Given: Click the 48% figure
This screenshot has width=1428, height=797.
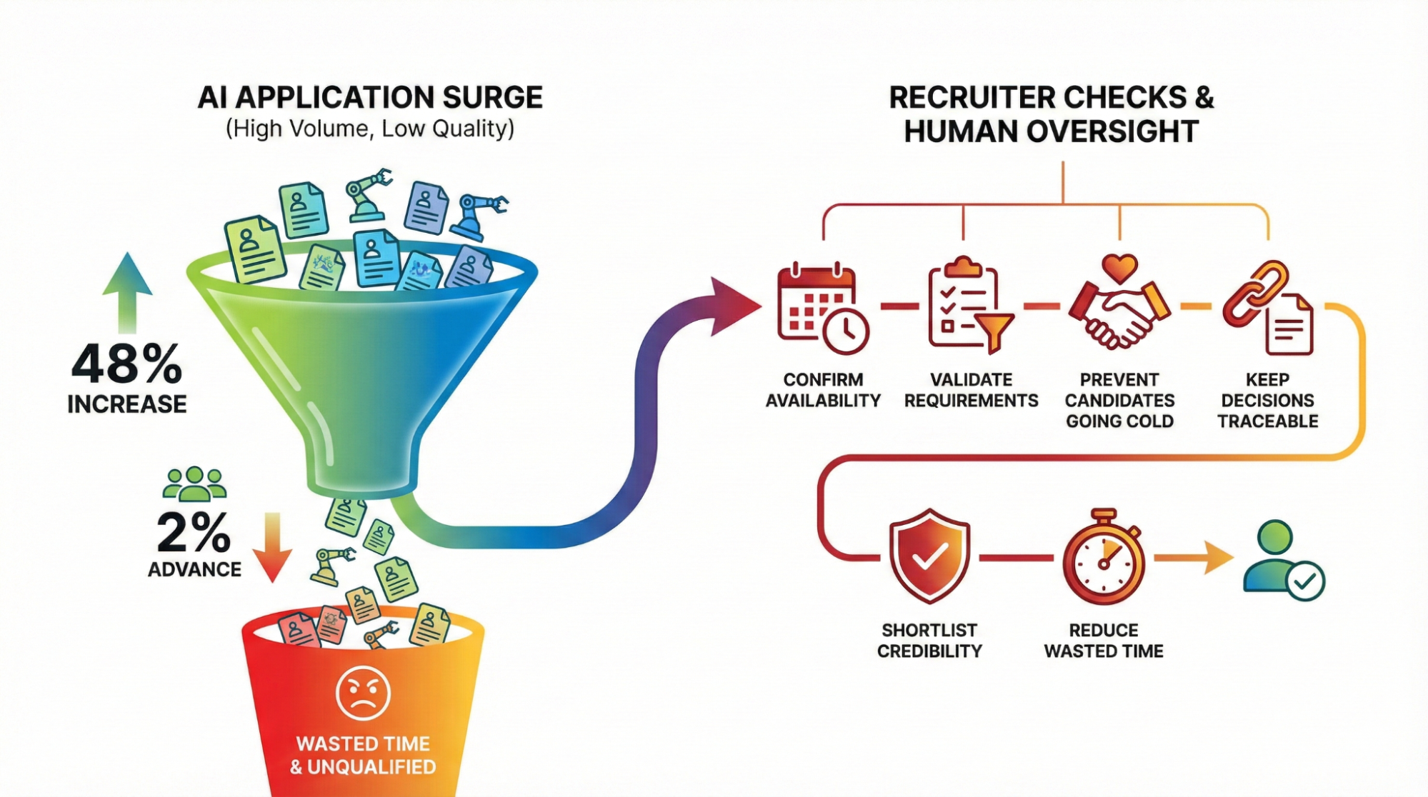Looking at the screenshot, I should tap(126, 364).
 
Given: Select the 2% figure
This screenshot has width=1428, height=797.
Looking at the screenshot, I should tap(194, 533).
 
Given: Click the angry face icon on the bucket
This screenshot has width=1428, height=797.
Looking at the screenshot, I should tap(363, 693).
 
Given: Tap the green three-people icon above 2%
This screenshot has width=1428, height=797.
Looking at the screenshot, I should tap(194, 483).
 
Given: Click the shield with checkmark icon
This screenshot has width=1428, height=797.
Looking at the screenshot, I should tap(929, 556).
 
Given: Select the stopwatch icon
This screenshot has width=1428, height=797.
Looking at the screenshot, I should tap(1104, 558).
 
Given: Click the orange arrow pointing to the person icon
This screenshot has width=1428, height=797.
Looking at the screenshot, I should tap(1194, 557).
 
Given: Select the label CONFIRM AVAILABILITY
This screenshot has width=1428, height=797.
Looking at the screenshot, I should tap(823, 390).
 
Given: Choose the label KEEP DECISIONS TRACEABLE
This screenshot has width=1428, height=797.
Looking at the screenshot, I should tap(1268, 400).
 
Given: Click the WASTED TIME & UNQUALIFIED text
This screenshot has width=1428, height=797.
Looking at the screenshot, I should tap(363, 755).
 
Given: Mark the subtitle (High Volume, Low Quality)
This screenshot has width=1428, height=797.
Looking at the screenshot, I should tap(370, 129).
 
